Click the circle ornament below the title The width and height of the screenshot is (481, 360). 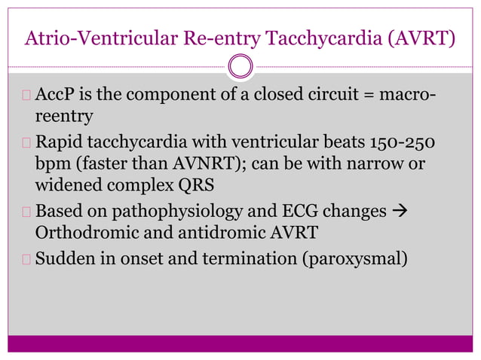240,66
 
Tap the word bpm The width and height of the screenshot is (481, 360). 51,163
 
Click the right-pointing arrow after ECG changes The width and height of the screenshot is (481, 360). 400,212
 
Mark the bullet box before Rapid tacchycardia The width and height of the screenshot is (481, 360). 26,143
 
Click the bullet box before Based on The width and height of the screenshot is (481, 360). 26,212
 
